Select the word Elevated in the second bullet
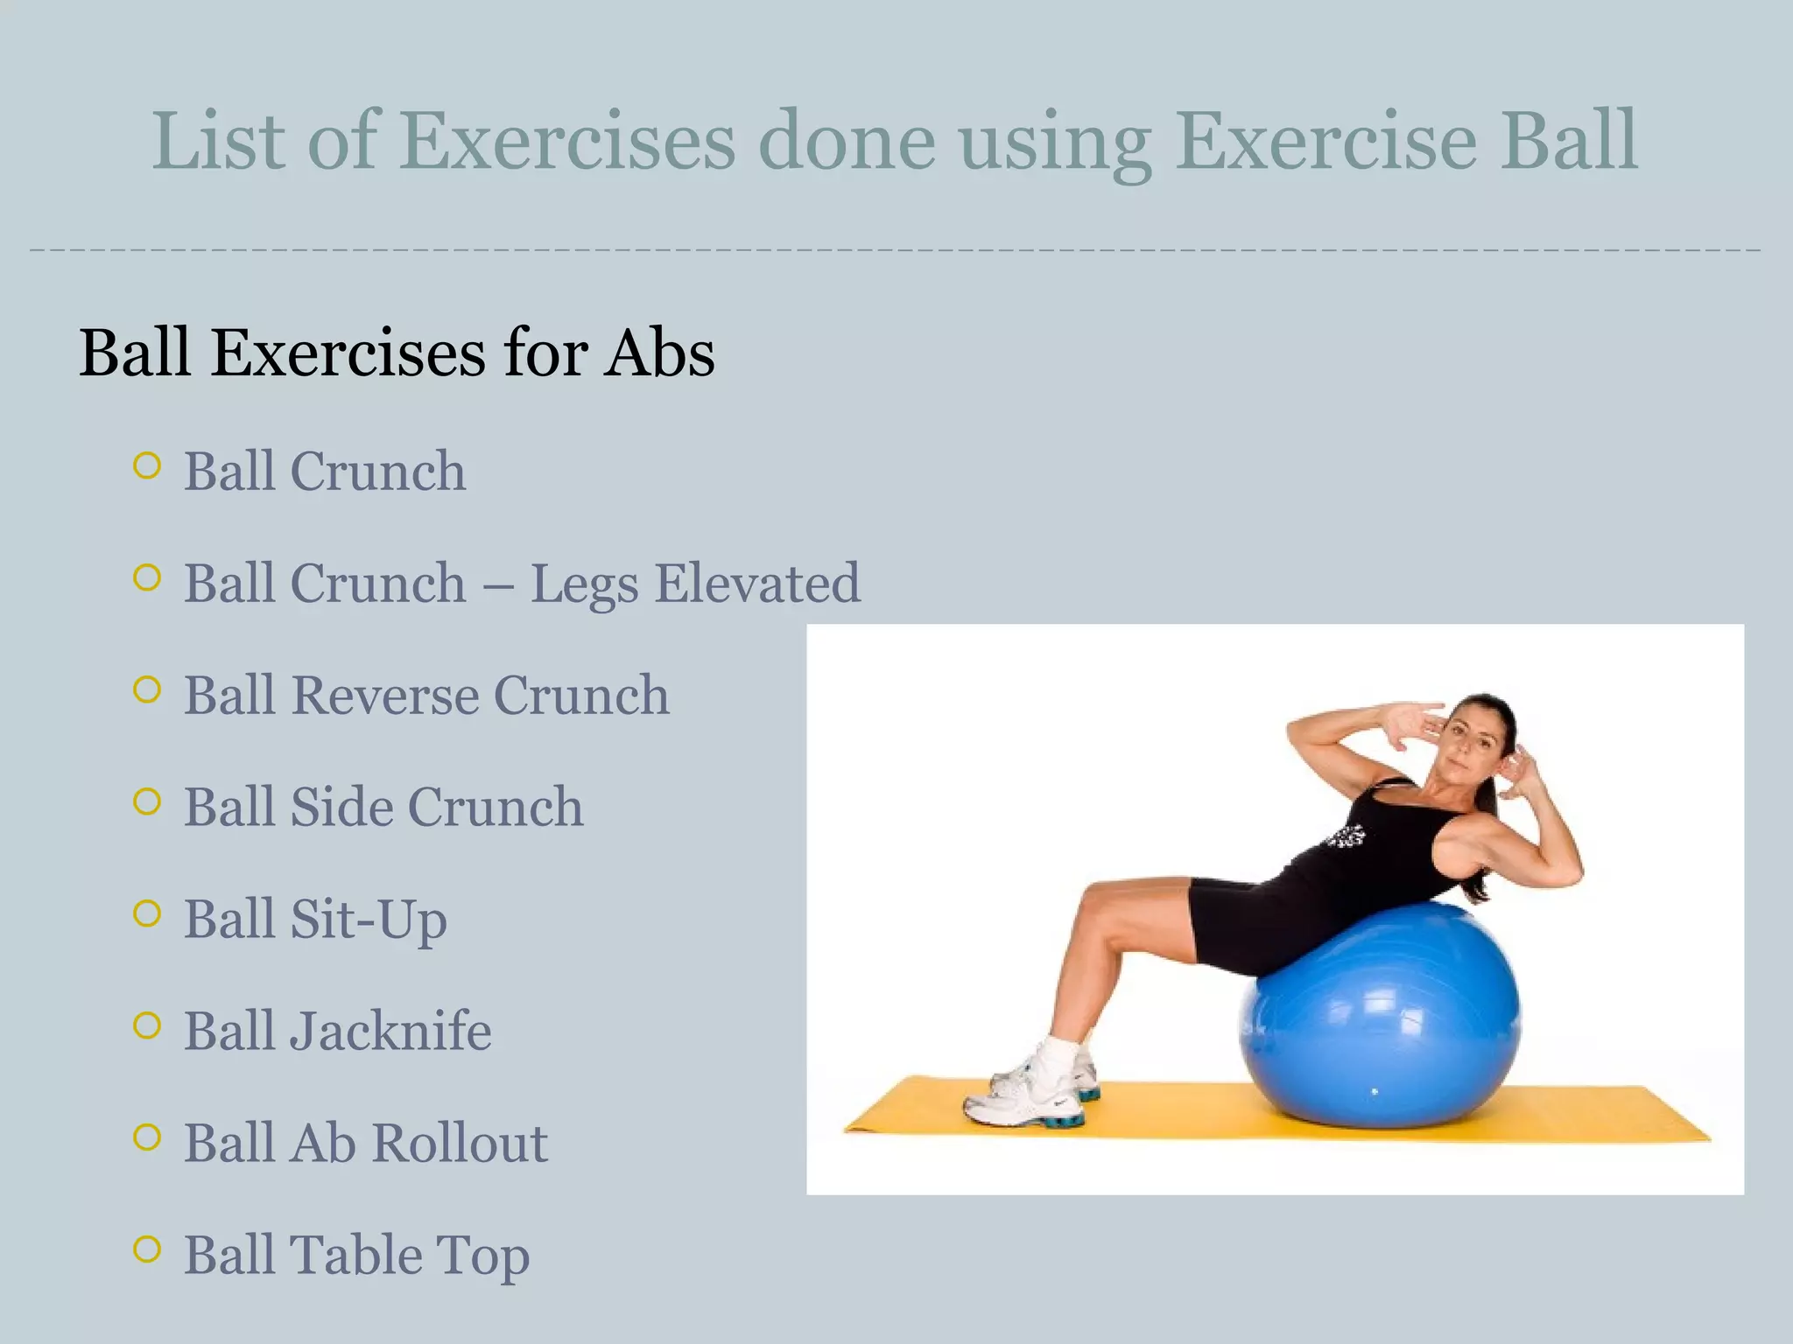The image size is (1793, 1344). point(757,584)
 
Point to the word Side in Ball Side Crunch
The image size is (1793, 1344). point(338,807)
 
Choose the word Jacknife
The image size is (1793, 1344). point(390,1031)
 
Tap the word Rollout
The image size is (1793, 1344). point(459,1143)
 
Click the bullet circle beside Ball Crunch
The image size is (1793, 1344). point(147,465)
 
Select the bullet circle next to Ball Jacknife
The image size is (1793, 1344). point(147,1025)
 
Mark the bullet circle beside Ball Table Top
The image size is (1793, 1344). point(147,1249)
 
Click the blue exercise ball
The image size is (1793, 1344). point(1383,1024)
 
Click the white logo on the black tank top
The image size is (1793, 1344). point(1347,836)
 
